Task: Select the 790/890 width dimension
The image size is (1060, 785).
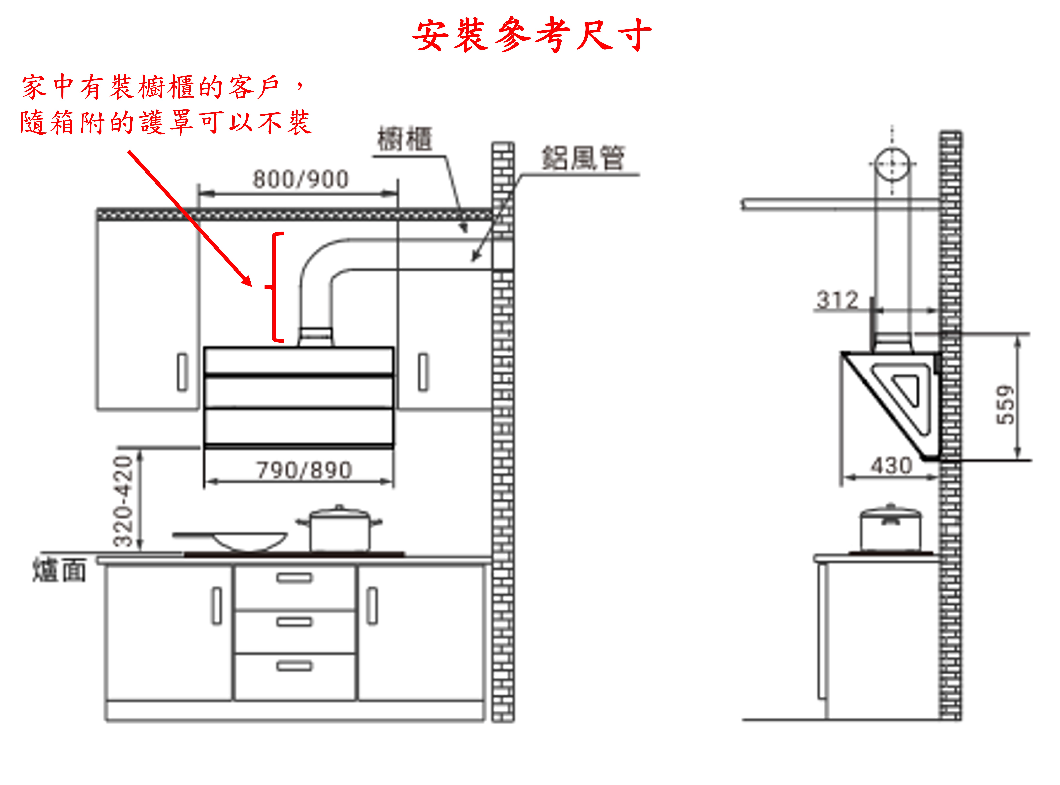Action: (x=304, y=470)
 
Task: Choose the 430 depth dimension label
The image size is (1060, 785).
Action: (x=891, y=466)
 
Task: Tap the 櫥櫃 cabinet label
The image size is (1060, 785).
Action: (x=405, y=139)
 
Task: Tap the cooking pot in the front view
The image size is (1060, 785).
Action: (x=339, y=529)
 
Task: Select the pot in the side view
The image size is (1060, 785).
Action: (x=890, y=530)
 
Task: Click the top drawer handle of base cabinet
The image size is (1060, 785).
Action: (x=294, y=578)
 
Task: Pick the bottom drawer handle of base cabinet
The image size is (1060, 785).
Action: (x=294, y=666)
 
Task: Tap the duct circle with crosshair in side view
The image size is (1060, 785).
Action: (x=892, y=164)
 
